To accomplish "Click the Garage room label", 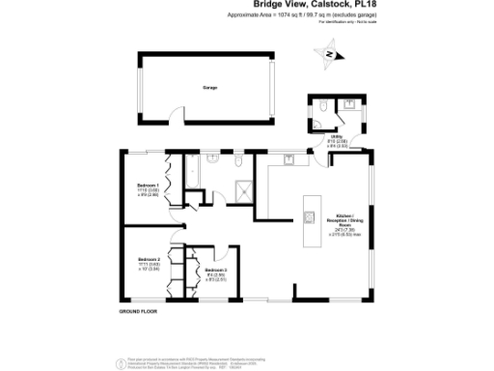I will click(209, 87).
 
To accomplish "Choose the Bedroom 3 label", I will click(216, 272).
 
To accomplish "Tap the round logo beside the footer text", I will click(120, 361).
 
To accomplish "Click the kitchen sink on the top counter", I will click(288, 157).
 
